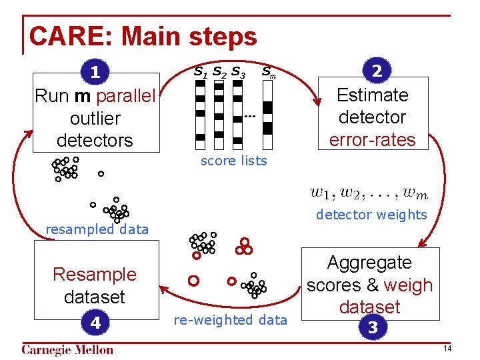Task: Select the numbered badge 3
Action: coord(371,328)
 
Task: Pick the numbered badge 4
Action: coord(96,323)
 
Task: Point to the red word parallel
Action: coord(126,96)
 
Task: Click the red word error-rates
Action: coord(372,140)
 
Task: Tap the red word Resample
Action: coord(94,274)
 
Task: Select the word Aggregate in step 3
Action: coord(369,263)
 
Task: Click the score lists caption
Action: coord(233,161)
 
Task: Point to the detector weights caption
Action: coord(371,215)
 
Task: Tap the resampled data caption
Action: coord(97,229)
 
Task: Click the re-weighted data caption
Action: coord(230,320)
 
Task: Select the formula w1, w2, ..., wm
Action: coord(369,194)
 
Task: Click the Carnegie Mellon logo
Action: coord(67,350)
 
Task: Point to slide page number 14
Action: coord(447,349)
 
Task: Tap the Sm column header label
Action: coord(268,71)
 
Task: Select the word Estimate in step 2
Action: coord(372,95)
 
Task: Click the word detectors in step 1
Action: coord(95,141)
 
